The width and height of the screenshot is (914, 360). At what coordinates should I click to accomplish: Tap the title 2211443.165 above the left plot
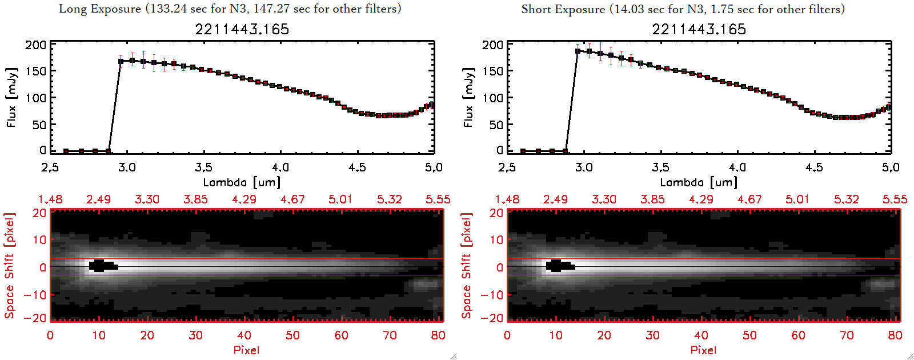pos(242,29)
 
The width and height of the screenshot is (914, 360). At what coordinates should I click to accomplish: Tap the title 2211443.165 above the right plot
pos(699,29)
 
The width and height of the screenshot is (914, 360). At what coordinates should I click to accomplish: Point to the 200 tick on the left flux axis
pos(35,45)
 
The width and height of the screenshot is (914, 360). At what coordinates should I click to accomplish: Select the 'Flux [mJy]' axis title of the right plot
pos(468,97)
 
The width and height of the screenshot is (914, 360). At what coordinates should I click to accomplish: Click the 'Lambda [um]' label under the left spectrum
pos(242,182)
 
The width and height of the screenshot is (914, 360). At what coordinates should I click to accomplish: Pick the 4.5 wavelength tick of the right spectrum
pos(814,167)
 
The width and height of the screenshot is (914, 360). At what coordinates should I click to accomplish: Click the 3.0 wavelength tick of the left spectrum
pos(127,167)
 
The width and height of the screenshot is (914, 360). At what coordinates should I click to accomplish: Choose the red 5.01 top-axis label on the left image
pos(340,199)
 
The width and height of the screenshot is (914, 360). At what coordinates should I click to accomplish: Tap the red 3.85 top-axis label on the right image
pos(652,199)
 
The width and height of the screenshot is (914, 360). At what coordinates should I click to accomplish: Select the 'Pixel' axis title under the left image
pos(246,350)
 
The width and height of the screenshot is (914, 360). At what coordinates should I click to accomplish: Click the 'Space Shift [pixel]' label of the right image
pos(467,266)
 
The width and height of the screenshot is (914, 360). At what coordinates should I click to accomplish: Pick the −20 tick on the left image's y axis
pos(35,318)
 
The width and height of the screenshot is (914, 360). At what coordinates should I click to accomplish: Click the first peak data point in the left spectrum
pos(121,61)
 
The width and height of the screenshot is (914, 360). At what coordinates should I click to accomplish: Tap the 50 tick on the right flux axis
pos(496,125)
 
